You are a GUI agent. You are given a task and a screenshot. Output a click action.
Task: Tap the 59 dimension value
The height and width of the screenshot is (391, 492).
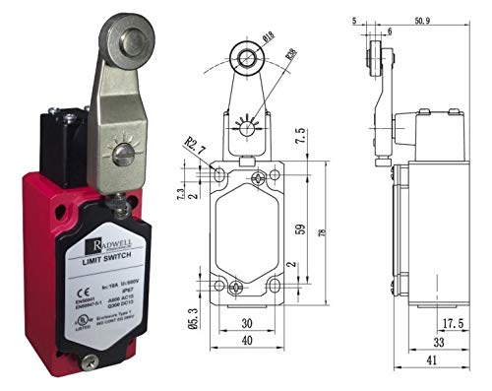(301, 230)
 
